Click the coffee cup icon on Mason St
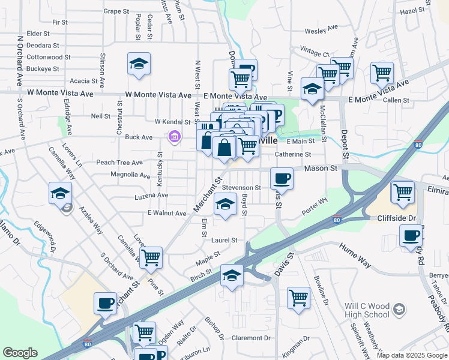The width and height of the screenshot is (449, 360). pyautogui.click(x=282, y=179)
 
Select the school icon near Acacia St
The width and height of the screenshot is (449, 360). pyautogui.click(x=138, y=64)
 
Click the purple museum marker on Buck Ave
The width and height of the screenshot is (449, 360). pyautogui.click(x=175, y=138)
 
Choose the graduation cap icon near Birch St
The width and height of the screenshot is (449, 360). pyautogui.click(x=232, y=275)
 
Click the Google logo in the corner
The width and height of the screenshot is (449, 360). pyautogui.click(x=20, y=353)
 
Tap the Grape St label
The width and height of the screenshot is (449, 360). pyautogui.click(x=116, y=11)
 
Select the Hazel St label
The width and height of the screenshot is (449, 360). pyautogui.click(x=412, y=11)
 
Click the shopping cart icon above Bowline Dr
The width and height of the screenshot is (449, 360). pyautogui.click(x=298, y=298)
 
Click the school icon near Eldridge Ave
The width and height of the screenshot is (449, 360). pyautogui.click(x=61, y=193)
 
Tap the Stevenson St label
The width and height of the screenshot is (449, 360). pyautogui.click(x=241, y=188)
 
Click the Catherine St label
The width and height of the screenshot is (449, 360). pyautogui.click(x=292, y=154)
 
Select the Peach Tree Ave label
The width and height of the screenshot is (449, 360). pyautogui.click(x=119, y=163)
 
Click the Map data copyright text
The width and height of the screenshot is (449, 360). pyautogui.click(x=411, y=355)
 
